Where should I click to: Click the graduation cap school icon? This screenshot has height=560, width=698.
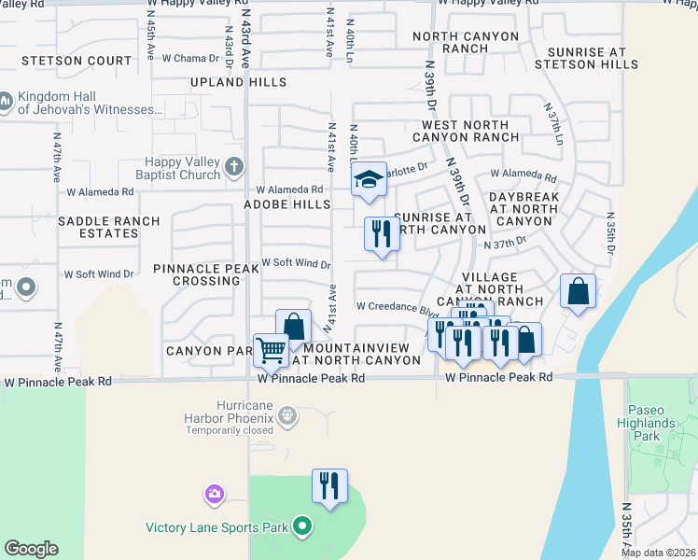370,180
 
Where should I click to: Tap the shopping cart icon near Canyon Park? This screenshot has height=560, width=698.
272,351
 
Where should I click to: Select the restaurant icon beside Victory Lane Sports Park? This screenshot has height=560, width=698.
329,486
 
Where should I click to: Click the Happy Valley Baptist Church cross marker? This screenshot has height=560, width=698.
233,168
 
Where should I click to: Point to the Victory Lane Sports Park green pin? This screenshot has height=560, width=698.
301,527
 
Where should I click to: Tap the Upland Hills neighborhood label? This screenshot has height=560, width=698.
239,82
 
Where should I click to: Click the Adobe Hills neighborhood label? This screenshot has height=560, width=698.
287,203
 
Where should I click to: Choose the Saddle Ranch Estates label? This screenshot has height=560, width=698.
108,227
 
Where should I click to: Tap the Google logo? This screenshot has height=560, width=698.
31,548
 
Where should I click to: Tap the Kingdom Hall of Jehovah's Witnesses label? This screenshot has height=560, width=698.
90,104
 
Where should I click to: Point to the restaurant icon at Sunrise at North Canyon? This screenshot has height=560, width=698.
381,233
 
